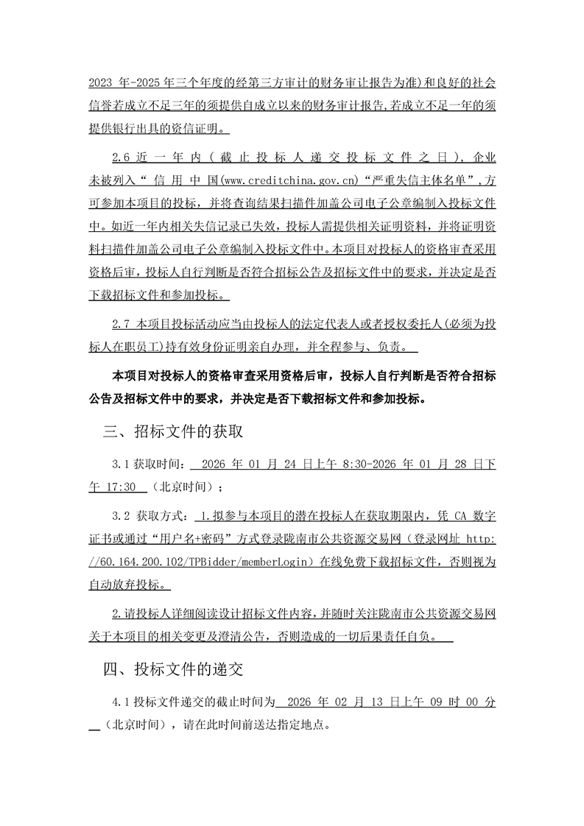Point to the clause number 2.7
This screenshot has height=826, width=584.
pos(120,325)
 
